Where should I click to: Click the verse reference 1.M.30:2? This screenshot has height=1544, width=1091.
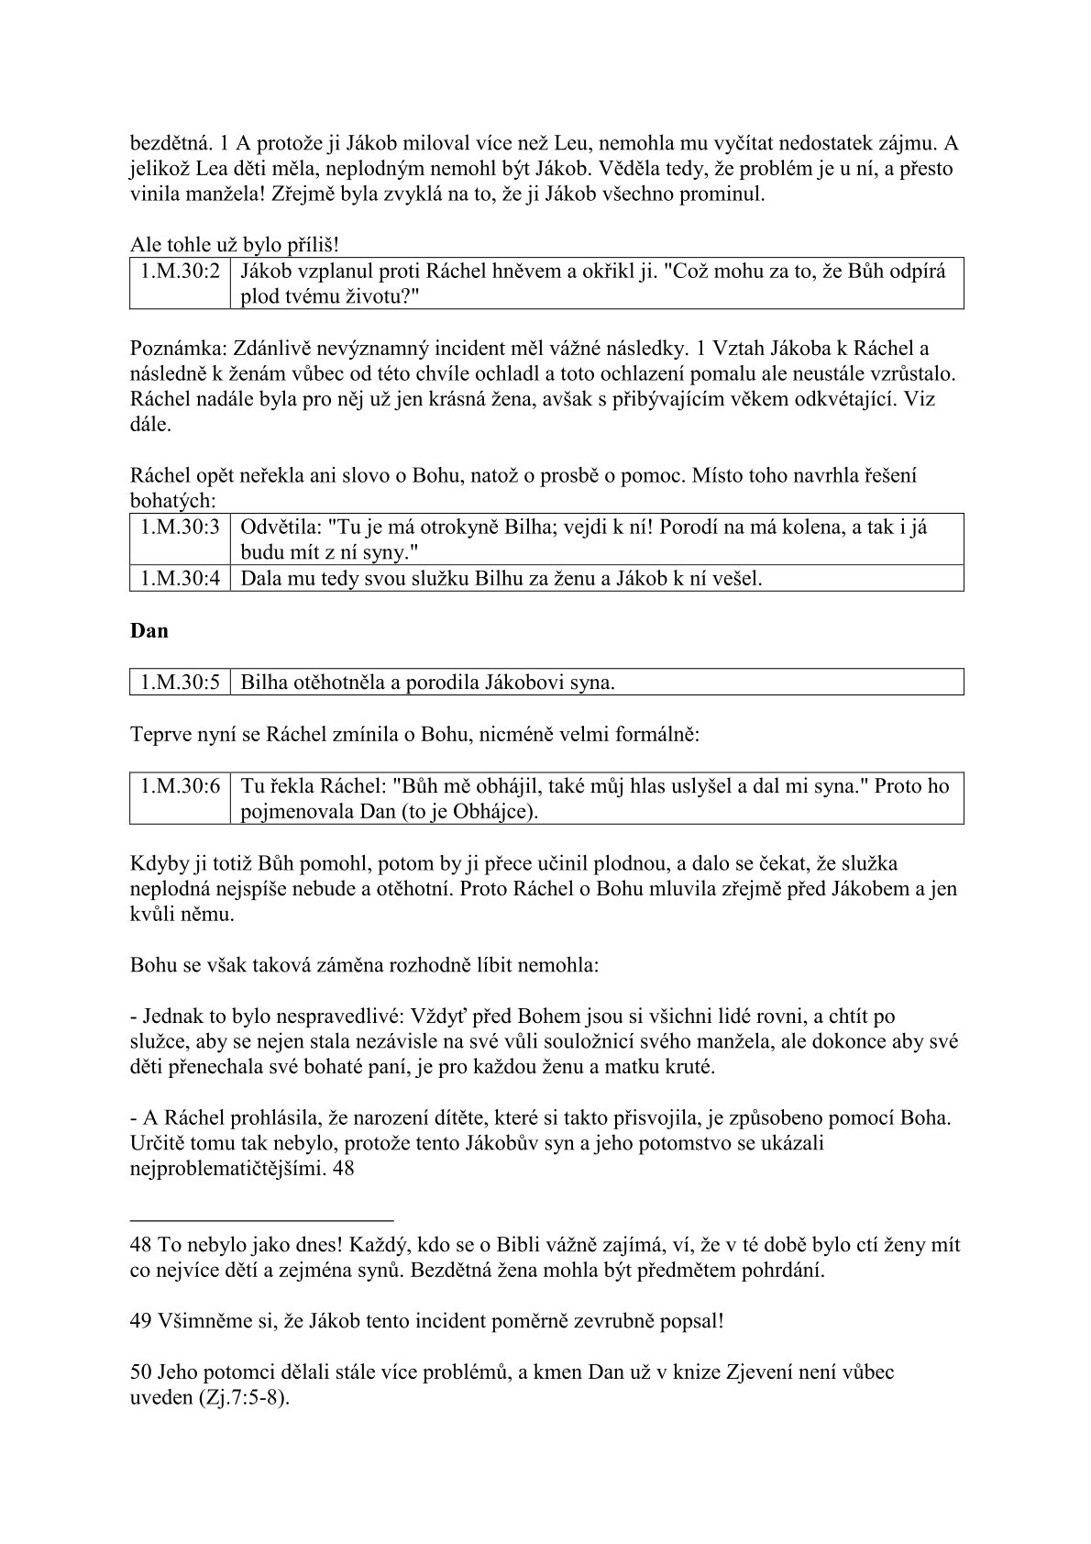coord(180,272)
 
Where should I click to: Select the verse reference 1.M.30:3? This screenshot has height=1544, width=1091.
coord(180,528)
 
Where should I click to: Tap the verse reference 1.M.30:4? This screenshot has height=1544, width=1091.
coord(180,579)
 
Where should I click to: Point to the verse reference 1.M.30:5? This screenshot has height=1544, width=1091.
coord(180,683)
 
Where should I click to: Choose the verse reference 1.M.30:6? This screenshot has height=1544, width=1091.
coord(180,786)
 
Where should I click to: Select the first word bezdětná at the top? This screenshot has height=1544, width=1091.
coord(171,143)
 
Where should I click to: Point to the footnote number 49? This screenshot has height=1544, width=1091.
coord(142,1322)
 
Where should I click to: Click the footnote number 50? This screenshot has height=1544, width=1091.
coord(142,1373)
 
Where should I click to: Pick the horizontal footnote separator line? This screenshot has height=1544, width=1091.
coord(262,1220)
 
